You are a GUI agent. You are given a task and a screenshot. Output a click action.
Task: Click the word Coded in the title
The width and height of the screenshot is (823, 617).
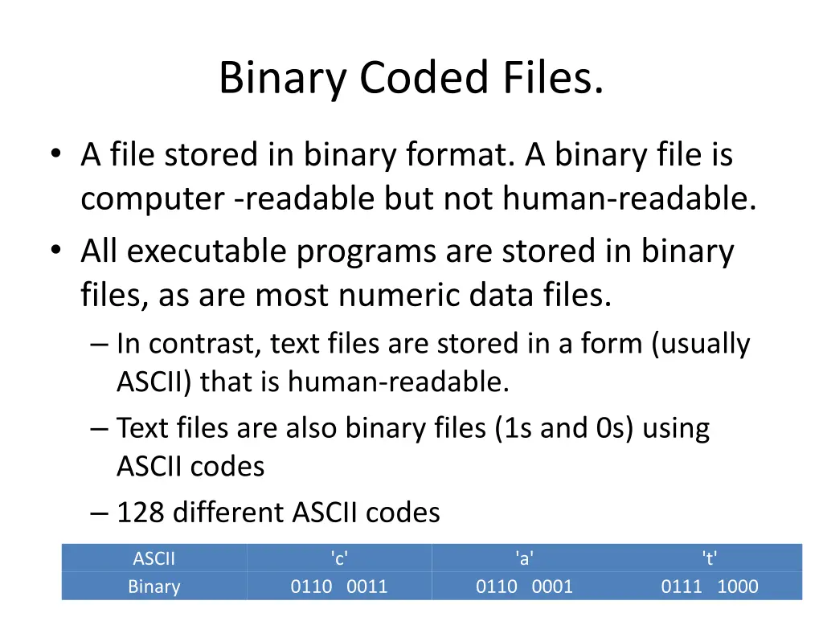coord(424,78)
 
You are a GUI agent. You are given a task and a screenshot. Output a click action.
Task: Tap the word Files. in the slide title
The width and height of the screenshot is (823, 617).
coord(550,78)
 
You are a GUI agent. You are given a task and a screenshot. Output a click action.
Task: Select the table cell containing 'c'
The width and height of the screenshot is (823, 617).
coord(339,558)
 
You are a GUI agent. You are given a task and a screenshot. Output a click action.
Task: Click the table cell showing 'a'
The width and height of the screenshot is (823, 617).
coord(524,558)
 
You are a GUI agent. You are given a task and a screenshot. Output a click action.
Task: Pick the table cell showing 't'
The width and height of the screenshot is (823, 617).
coord(710,558)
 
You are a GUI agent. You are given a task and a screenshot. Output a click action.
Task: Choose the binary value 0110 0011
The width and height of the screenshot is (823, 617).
coord(339,586)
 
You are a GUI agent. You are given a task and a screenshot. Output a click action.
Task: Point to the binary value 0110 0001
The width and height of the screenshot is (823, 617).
coord(524,586)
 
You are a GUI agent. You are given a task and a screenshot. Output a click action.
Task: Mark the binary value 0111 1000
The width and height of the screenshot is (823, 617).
coord(710,586)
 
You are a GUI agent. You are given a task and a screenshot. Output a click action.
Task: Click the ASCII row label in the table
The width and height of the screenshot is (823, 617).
coord(154,558)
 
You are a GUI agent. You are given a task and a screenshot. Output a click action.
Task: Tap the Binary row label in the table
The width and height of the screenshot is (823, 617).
coord(154,586)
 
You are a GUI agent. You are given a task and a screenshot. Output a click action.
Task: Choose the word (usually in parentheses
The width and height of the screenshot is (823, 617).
coord(700,344)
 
